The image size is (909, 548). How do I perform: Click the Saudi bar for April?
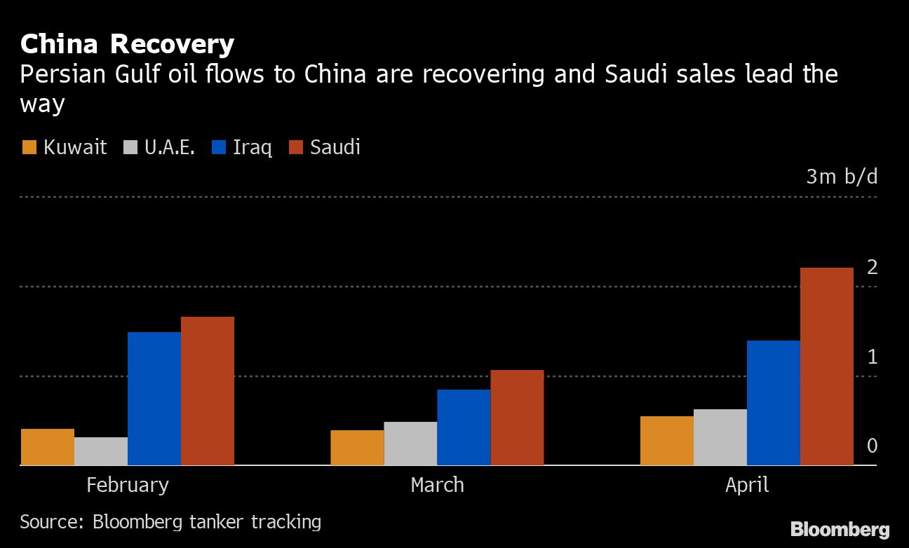pos(826,367)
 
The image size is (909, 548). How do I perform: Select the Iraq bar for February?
pos(154,398)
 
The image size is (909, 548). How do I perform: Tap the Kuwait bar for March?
pos(357,448)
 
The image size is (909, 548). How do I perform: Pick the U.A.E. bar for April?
pos(720,437)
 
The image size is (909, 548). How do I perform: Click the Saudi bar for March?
pos(517,418)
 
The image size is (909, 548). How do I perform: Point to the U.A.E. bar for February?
pos(101,451)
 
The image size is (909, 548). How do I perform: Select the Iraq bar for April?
pos(773,403)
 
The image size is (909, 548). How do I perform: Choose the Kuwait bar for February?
pos(48,447)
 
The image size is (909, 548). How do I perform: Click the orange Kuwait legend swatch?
pos(29,148)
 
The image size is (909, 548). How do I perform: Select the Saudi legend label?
pos(335,147)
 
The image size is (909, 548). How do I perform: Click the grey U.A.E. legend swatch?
pos(130,148)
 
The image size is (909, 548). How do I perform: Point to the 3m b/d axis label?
pos(841,177)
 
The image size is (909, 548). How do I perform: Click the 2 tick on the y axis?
pos(872,267)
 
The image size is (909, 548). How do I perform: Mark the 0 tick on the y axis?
pos(872,446)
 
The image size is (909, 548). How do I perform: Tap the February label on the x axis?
pos(128,485)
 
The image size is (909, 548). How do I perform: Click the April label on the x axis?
pos(747,485)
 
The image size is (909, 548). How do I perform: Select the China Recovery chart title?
pos(127,44)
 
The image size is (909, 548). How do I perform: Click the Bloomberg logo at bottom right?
pos(840,529)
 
